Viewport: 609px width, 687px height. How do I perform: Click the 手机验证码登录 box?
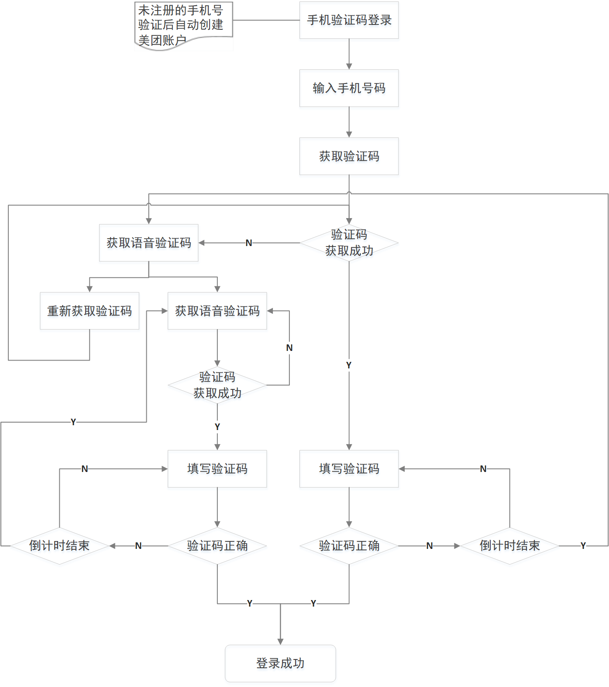point(349,20)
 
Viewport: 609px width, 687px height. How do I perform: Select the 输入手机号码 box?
point(349,88)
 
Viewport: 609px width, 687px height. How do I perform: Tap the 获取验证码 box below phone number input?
point(349,156)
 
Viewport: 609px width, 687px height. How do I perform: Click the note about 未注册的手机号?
point(183,25)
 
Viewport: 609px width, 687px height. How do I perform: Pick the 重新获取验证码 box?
point(89,311)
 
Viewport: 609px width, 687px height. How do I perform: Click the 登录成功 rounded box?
point(280,663)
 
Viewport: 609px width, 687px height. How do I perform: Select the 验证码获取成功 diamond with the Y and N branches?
point(349,243)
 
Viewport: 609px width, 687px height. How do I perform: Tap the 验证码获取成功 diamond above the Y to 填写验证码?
point(217,385)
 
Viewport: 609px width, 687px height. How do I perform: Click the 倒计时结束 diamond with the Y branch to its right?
point(509,545)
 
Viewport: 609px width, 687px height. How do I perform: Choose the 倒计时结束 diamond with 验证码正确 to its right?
point(59,545)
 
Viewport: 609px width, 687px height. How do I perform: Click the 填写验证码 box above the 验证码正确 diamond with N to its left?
point(217,468)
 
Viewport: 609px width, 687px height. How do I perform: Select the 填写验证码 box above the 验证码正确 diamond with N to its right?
point(349,468)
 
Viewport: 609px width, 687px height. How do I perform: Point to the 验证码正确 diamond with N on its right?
point(349,545)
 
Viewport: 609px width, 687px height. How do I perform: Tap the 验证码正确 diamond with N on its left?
point(217,545)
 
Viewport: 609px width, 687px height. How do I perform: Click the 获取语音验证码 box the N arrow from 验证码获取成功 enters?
point(149,243)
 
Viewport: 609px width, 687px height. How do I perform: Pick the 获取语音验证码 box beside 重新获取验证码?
point(217,311)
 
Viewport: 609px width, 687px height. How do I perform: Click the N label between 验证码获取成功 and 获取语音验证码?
point(249,243)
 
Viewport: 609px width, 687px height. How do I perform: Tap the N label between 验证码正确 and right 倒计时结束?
point(430,546)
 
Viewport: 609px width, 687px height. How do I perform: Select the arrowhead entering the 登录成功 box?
point(280,641)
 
